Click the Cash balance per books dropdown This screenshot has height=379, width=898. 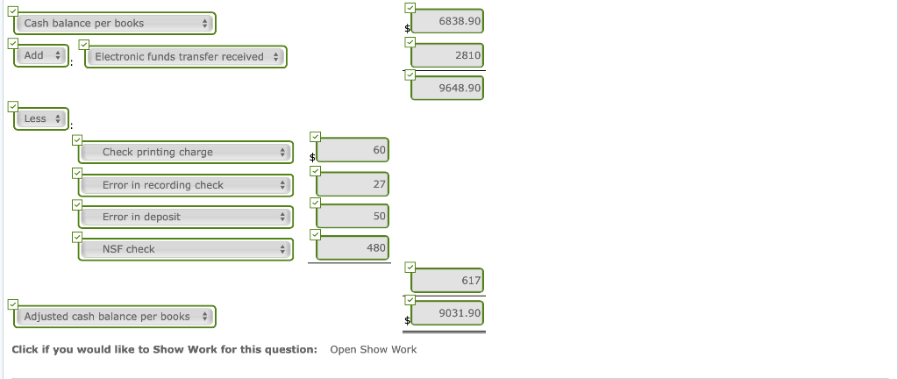pos(114,24)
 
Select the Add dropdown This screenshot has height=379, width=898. pos(40,56)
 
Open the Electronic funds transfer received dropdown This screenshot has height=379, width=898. pos(186,57)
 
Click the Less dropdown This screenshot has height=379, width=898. pos(42,118)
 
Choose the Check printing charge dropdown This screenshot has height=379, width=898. pos(186,153)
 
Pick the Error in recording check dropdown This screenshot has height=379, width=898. pos(186,185)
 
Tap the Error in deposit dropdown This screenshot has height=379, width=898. pos(186,217)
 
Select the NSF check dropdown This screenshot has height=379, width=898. pos(186,249)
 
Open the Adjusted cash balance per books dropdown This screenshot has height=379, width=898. pos(114,317)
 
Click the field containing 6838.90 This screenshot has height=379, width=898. pos(447,21)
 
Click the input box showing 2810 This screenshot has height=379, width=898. pos(447,56)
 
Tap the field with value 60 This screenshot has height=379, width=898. pos(353,151)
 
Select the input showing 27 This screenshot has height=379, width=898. pos(353,184)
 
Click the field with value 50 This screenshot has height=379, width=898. pos(353,216)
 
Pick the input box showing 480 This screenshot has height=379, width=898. pos(353,248)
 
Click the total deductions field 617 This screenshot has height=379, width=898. pos(447,281)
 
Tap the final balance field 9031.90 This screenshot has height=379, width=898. pos(447,313)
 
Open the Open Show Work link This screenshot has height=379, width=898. pos(374,350)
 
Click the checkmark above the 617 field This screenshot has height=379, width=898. pos(410,266)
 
